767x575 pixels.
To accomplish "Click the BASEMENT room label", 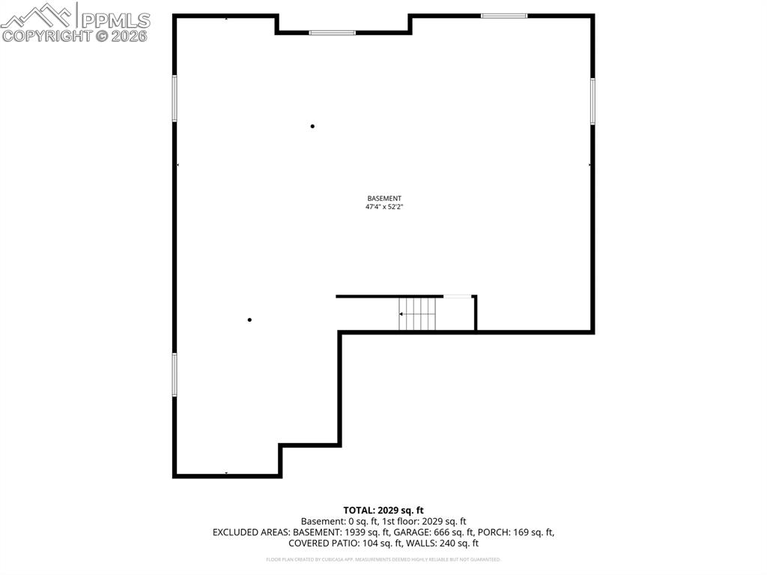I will (384, 199).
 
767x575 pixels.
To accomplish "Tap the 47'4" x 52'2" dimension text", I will (384, 207).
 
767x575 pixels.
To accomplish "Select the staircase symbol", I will (418, 313).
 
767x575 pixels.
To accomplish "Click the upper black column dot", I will (312, 126).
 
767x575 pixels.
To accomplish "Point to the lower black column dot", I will (249, 320).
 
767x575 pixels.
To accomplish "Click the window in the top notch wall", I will (332, 32).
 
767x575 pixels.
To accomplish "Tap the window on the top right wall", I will (504, 15).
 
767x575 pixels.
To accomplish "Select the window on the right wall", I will (592, 101).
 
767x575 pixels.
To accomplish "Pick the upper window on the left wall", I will (175, 98).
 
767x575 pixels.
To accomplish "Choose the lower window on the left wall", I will (175, 374).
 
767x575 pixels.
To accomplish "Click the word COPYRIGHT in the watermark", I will (46, 35).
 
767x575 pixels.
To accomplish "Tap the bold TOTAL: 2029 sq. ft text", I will (383, 511).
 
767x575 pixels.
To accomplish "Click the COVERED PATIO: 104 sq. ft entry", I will (341, 544).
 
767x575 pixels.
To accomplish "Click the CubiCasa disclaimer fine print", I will (383, 559).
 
